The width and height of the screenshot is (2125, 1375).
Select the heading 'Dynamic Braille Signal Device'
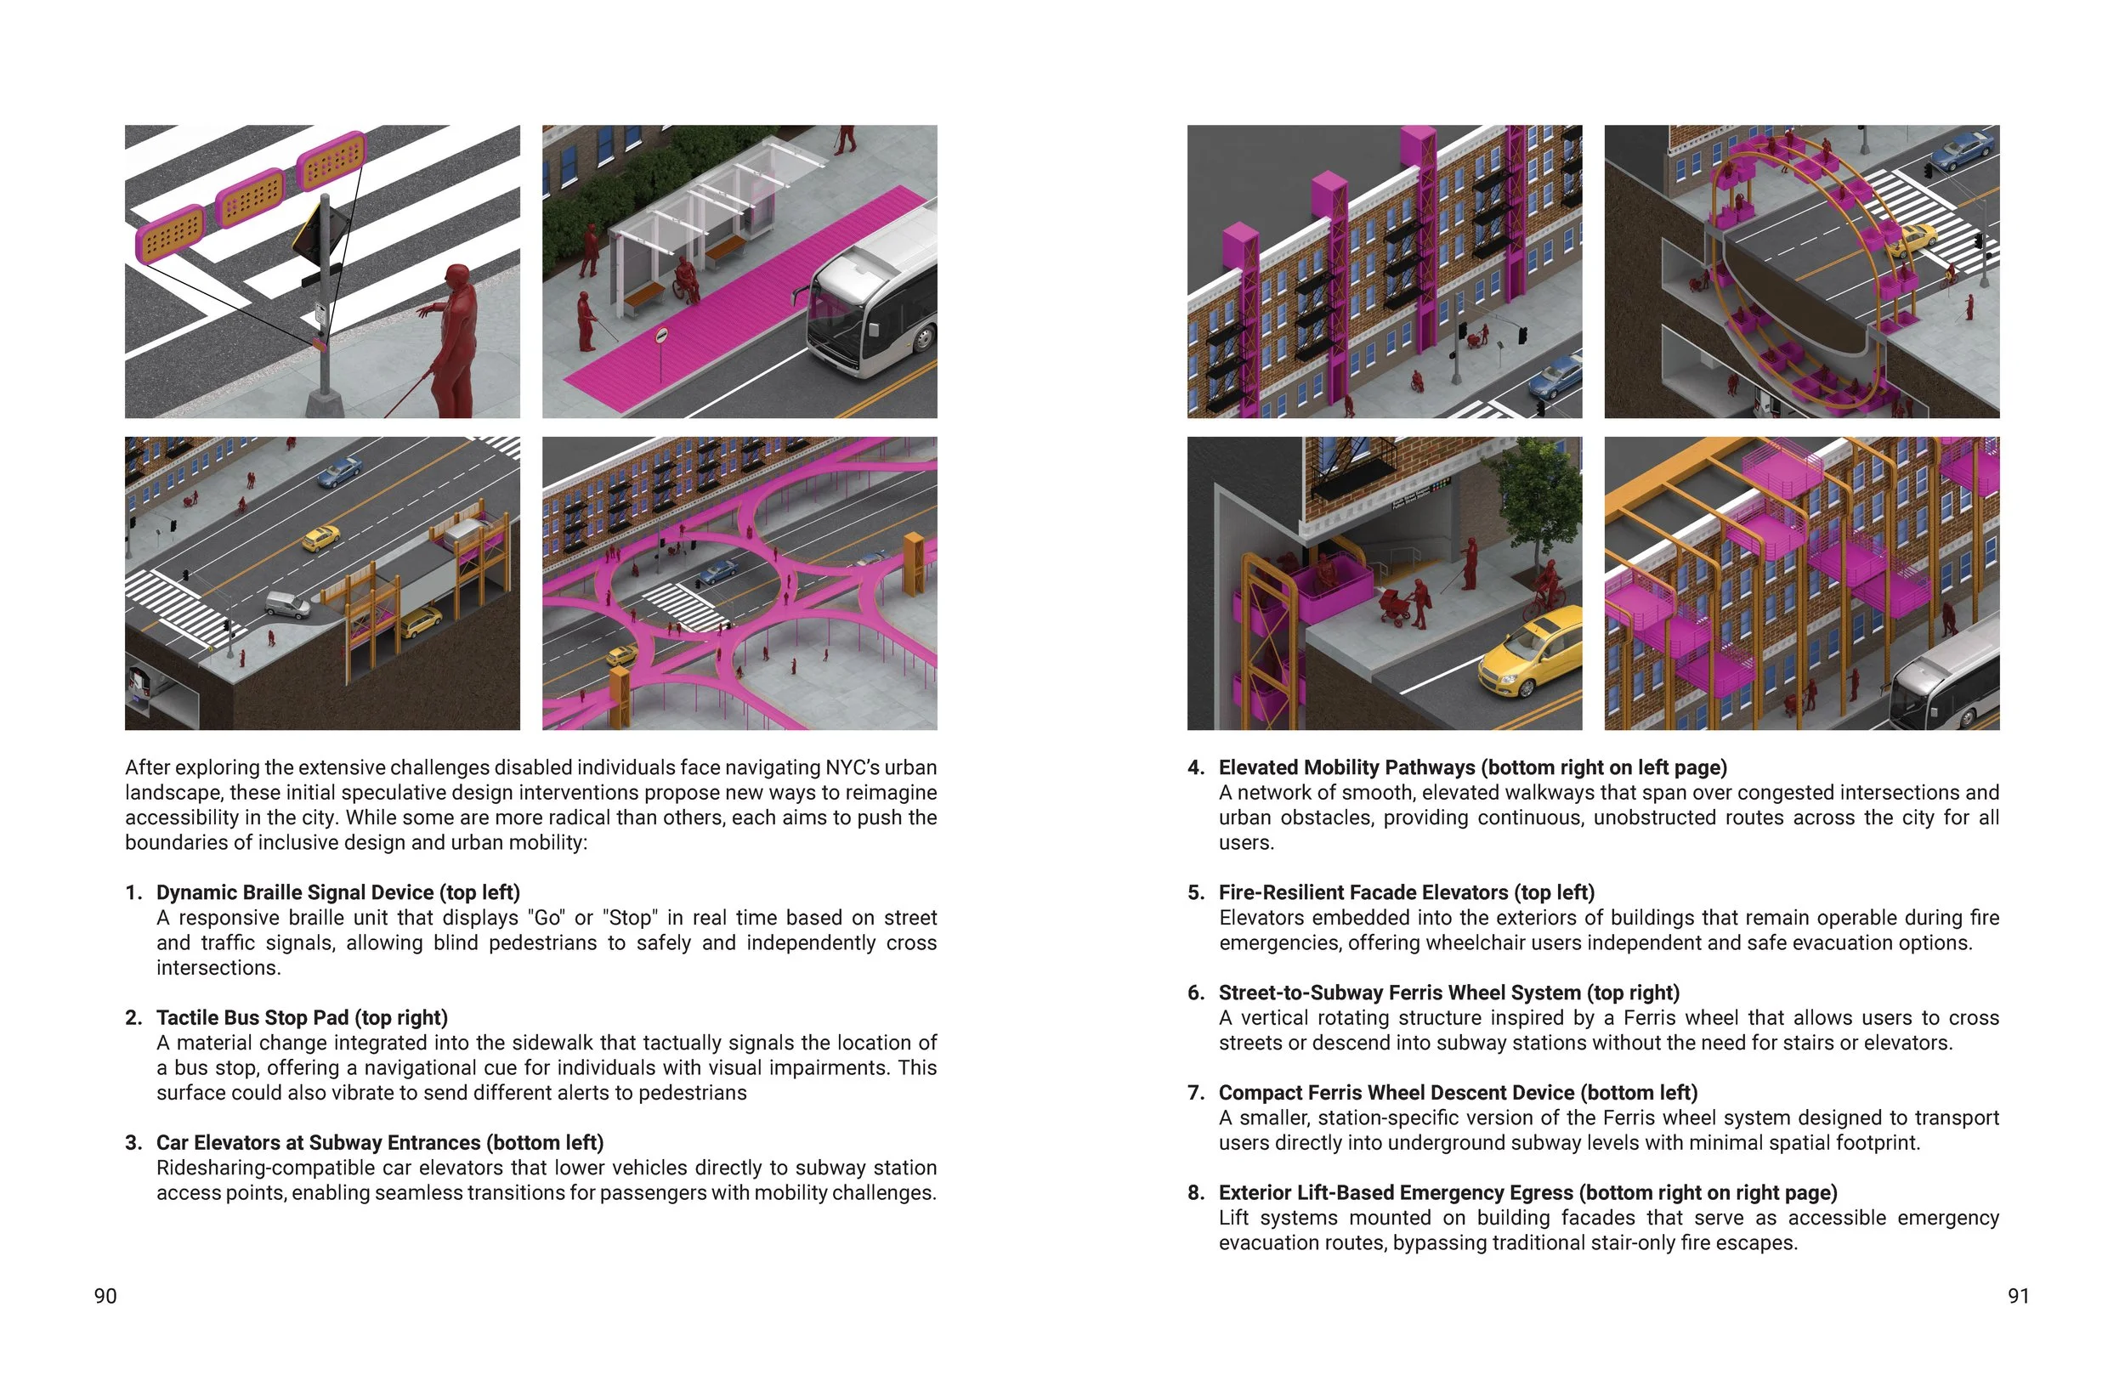(x=295, y=893)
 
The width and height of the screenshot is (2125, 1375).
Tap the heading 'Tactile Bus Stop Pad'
(x=252, y=1018)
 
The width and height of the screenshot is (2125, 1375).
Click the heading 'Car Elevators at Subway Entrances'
(x=320, y=1143)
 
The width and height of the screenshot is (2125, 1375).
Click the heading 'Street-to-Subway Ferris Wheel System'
(x=1399, y=993)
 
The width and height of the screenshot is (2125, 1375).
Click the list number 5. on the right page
(x=1196, y=893)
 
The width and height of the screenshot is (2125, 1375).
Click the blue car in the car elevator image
(x=340, y=471)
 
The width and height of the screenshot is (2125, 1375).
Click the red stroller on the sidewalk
(x=1396, y=606)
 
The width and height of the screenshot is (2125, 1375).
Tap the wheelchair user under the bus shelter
(x=686, y=280)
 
